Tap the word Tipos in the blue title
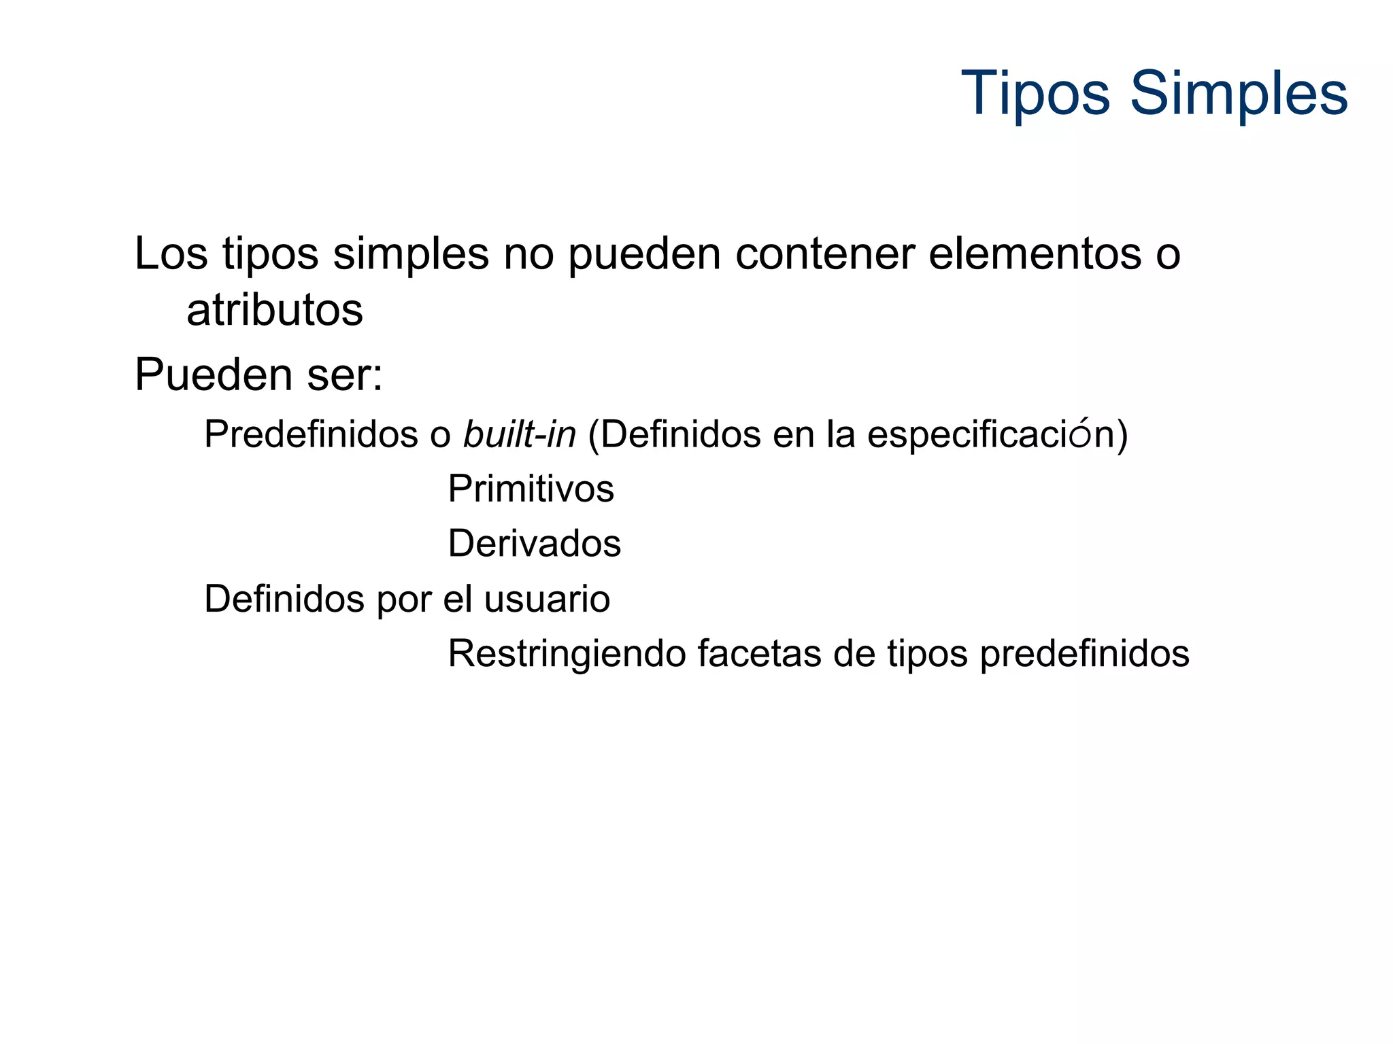[x=1036, y=94]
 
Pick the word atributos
[x=275, y=311]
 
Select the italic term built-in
[x=520, y=434]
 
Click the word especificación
[x=990, y=435]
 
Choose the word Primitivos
[x=531, y=489]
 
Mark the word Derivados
[x=534, y=544]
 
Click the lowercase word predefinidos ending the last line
[x=1084, y=655]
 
